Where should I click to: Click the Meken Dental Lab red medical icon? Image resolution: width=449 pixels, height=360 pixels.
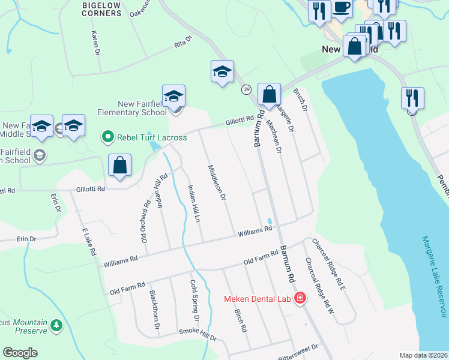(x=300, y=298)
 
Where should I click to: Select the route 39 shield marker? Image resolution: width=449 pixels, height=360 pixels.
(x=247, y=89)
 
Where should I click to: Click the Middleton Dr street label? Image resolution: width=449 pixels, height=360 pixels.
(x=217, y=182)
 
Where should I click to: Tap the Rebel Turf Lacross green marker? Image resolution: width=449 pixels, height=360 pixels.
(x=108, y=137)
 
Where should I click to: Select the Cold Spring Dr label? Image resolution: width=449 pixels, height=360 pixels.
(x=194, y=296)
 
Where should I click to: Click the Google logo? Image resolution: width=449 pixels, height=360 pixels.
(x=20, y=353)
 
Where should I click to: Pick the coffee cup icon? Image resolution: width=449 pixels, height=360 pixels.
(x=342, y=8)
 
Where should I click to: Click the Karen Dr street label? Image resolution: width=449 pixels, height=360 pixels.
(x=95, y=43)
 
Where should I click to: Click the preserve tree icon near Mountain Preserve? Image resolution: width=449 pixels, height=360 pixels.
(x=56, y=325)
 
